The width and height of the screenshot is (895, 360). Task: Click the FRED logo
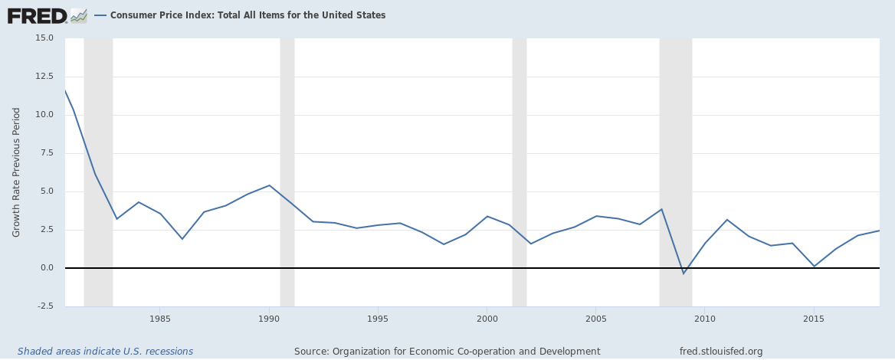point(46,15)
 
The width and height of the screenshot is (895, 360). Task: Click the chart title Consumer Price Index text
point(248,15)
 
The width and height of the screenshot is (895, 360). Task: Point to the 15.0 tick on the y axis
point(43,38)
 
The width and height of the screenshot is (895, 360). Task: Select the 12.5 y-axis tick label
point(43,77)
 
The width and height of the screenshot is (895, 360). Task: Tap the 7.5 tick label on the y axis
point(46,153)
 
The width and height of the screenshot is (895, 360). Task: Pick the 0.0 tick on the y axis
point(46,268)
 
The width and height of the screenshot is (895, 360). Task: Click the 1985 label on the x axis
point(160,319)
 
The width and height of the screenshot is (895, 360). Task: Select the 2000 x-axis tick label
point(487,319)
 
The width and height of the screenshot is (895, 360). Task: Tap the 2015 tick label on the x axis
point(814,319)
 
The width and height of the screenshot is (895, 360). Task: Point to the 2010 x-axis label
point(705,319)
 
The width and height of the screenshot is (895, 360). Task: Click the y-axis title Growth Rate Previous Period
point(16,172)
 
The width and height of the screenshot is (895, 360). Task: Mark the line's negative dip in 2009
point(684,273)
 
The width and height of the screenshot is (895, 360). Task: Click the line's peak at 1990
point(269,185)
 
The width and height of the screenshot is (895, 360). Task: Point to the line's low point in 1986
point(182,239)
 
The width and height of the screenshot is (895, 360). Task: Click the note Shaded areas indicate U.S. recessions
point(105,352)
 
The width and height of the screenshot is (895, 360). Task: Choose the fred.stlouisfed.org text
point(721,352)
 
